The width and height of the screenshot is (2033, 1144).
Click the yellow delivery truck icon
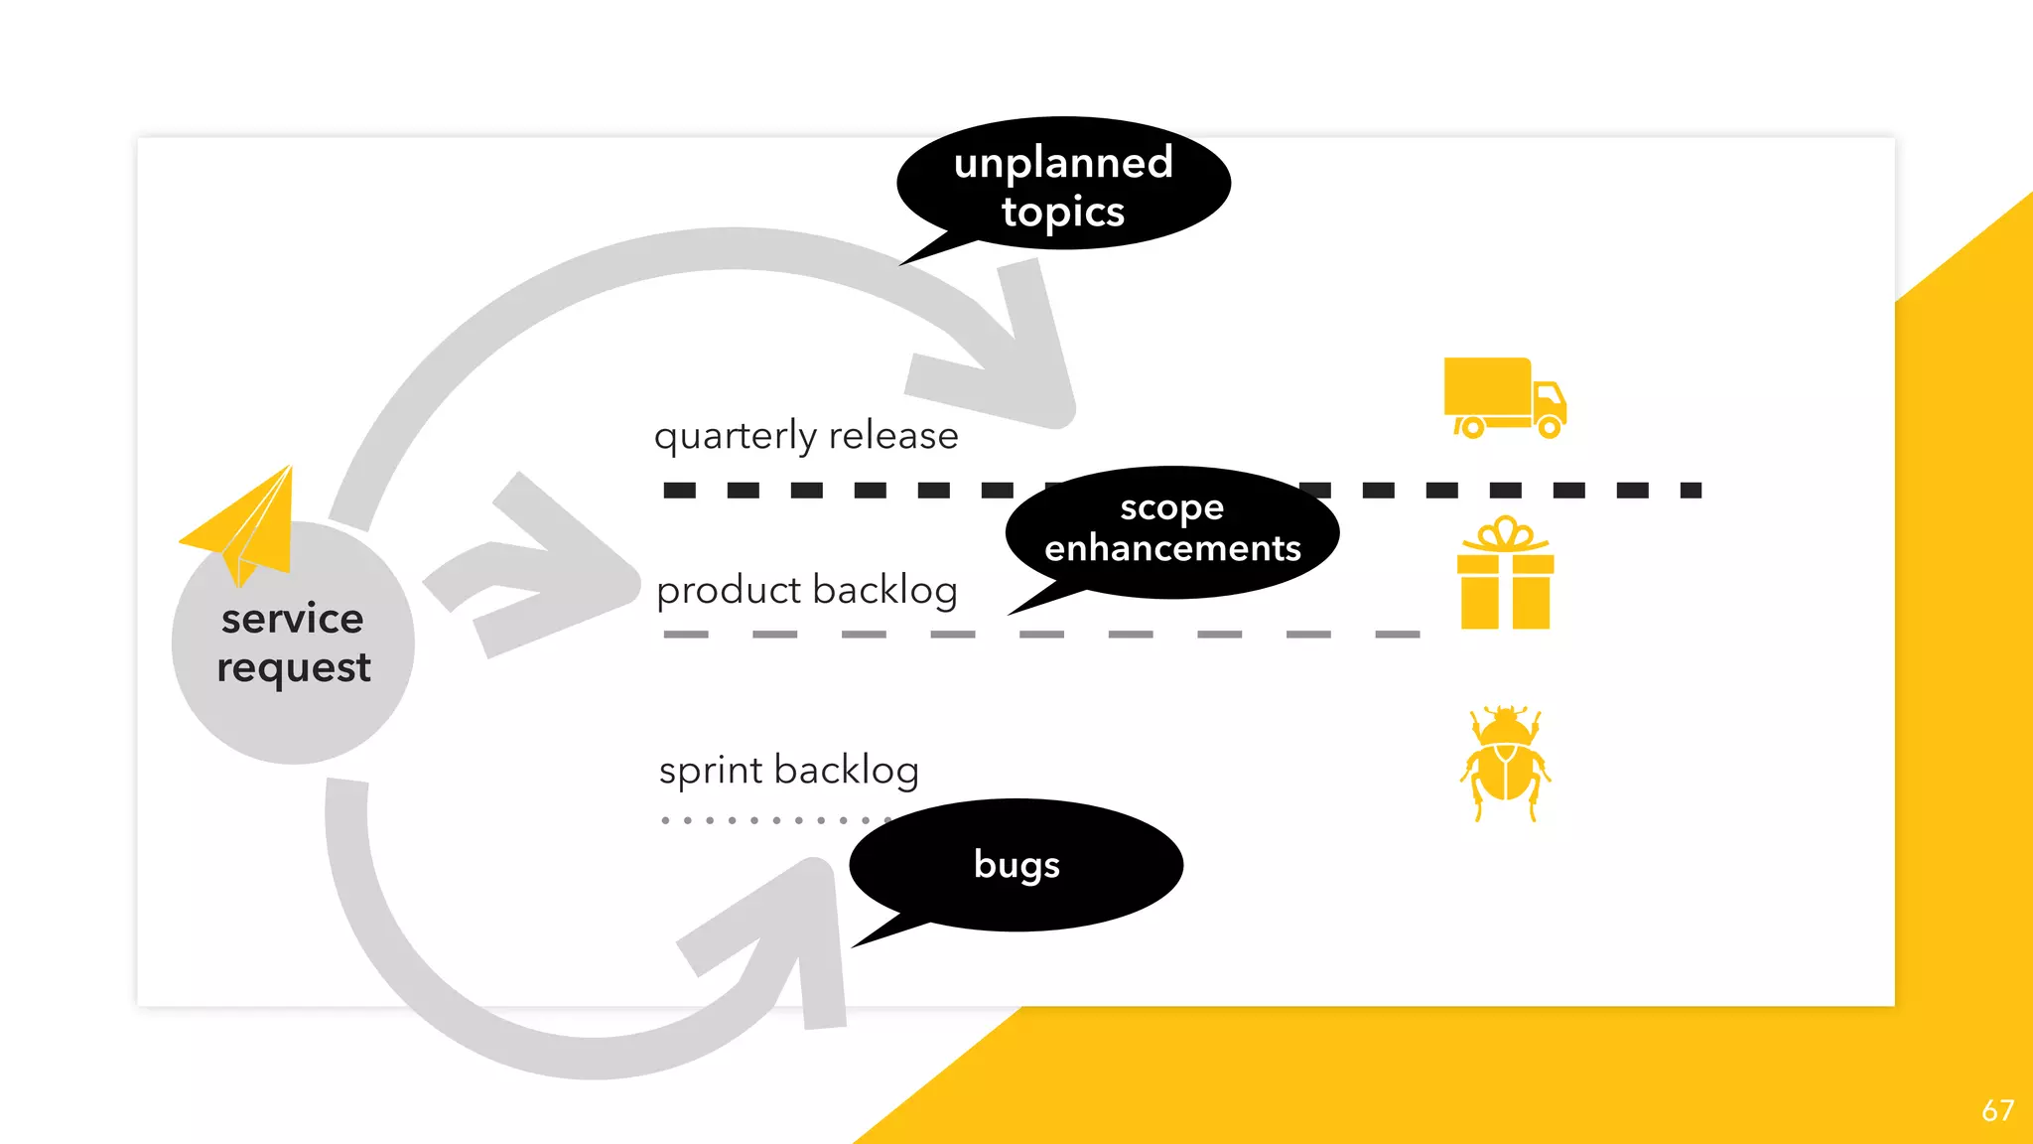[x=1503, y=397]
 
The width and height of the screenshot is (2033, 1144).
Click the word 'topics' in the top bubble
[x=1062, y=213]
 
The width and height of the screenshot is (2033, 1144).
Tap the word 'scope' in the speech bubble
[x=1171, y=507]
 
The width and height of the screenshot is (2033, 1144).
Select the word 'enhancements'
[x=1171, y=548]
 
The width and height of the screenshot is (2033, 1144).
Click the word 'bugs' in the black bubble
[x=1016, y=865]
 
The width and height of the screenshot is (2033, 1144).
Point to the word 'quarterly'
[x=735, y=436]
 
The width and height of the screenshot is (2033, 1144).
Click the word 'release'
[x=893, y=435]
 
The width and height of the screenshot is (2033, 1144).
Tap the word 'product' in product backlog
[x=729, y=591]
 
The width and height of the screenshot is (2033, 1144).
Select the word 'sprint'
[x=711, y=771]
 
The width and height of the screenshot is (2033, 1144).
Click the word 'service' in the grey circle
[x=292, y=619]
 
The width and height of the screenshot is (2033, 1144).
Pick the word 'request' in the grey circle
[x=294, y=668]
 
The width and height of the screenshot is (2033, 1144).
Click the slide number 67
[x=1997, y=1110]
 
